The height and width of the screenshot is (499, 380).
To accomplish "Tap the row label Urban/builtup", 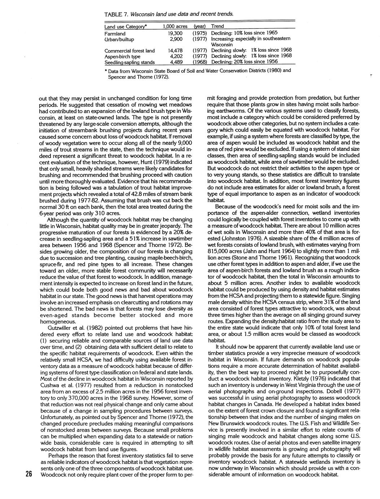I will [119, 39].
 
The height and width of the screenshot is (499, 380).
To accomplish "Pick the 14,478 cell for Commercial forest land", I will [175, 50].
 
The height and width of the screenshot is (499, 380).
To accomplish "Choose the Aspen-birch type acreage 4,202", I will [176, 56].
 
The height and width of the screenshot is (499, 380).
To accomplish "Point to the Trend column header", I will [217, 26].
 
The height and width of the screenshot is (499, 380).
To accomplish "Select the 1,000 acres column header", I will [175, 26].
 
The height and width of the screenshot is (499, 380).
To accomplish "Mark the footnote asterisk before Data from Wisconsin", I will [104, 71].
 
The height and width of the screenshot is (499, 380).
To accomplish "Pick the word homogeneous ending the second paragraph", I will [58, 321].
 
